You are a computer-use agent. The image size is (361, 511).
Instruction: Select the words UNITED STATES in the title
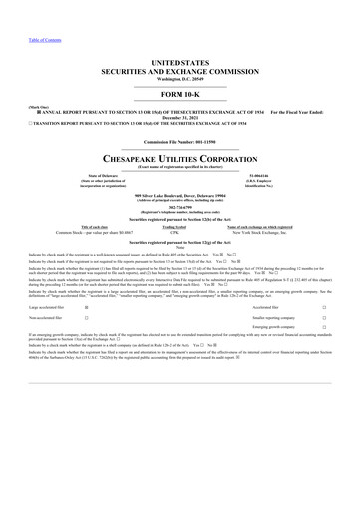coord(180,62)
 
